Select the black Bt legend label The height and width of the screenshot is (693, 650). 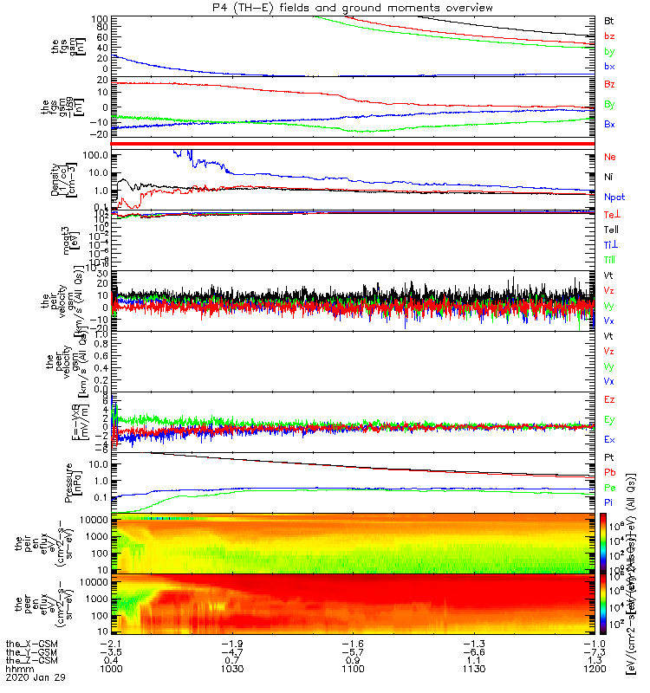pos(609,20)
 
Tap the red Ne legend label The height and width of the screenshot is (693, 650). pos(610,157)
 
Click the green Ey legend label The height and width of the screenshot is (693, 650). pos(610,420)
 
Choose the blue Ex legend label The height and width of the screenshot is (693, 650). pos(610,439)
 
